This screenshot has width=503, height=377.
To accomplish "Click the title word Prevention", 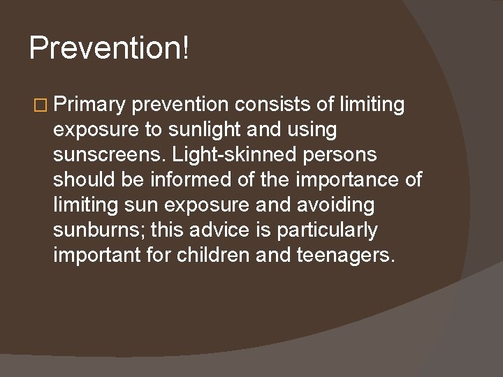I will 105,48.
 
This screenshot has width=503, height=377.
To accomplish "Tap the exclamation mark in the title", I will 185,48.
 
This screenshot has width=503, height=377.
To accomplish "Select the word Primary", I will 89,105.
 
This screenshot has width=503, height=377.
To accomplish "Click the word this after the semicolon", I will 164,230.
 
